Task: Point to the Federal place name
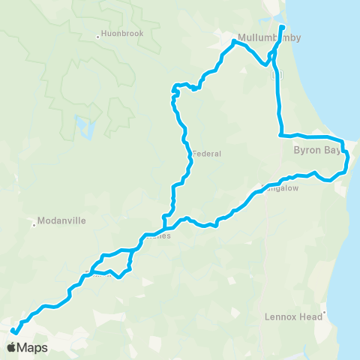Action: pos(208,154)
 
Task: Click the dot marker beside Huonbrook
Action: pos(98,35)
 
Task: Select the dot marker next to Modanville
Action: pos(34,222)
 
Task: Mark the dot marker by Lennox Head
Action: pos(324,313)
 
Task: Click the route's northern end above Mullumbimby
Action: pos(282,28)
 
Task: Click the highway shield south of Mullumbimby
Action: pos(276,75)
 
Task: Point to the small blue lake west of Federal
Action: pos(81,124)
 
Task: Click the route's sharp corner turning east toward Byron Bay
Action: pos(280,136)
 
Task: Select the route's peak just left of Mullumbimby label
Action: pos(234,42)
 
